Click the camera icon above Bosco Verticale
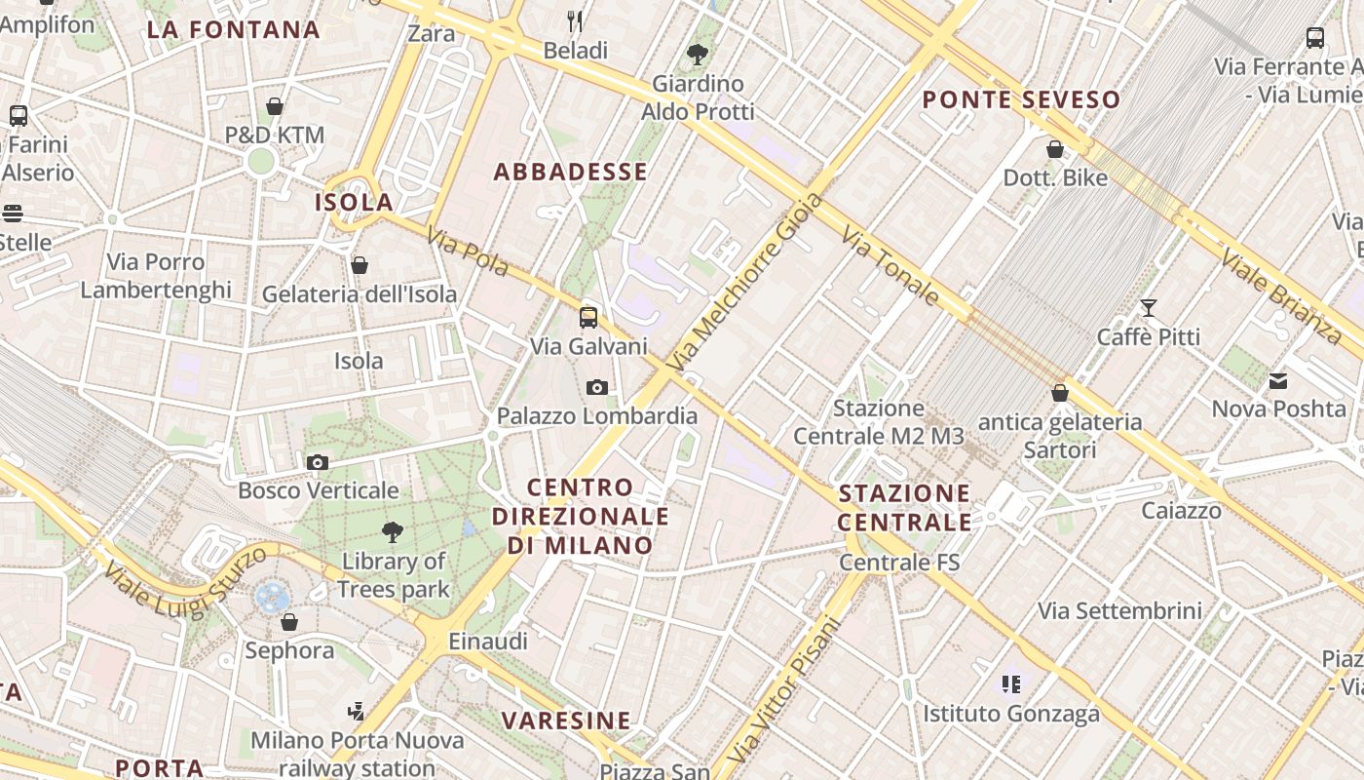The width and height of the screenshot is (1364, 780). (318, 462)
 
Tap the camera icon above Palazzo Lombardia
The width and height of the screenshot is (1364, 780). (597, 388)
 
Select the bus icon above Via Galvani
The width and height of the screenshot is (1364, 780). (588, 317)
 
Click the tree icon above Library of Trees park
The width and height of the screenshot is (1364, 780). (393, 532)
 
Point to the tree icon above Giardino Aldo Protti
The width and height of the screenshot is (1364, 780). (697, 55)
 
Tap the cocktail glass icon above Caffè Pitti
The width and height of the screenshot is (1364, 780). (1149, 308)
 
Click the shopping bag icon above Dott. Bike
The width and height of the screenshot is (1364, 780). (1055, 149)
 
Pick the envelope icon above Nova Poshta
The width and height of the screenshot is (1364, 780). (1278, 380)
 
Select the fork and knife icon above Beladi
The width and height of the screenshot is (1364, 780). (576, 20)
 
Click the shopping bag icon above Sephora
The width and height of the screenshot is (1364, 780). (289, 622)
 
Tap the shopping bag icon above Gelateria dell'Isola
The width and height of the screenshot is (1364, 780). (360, 265)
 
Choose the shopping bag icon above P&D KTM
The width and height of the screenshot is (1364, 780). (275, 106)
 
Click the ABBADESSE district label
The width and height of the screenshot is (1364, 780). (571, 173)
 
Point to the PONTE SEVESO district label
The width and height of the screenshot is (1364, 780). (1021, 99)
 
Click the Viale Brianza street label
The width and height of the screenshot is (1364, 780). (1282, 296)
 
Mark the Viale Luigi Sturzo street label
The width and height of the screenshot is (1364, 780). (185, 582)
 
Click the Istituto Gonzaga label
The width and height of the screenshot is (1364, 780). (1011, 714)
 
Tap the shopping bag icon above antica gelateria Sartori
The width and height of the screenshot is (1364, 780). (1060, 393)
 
